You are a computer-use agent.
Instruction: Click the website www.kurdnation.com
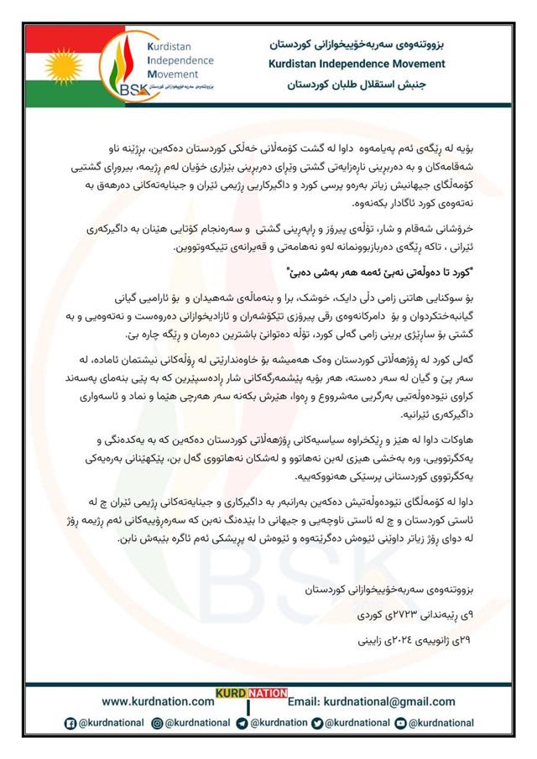click(158, 701)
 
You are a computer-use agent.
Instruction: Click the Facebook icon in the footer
click(71, 723)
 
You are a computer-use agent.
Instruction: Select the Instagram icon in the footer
click(157, 723)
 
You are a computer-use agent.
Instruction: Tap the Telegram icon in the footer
click(242, 723)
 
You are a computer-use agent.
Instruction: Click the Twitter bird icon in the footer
click(316, 723)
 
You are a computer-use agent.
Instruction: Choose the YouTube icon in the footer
click(402, 723)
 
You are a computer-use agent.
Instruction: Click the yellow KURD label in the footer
click(230, 694)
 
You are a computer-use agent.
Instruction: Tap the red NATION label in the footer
click(267, 694)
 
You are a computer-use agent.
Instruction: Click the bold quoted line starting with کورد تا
click(369, 270)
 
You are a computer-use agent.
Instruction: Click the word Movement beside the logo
click(172, 73)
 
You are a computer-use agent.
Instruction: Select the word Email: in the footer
click(305, 701)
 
